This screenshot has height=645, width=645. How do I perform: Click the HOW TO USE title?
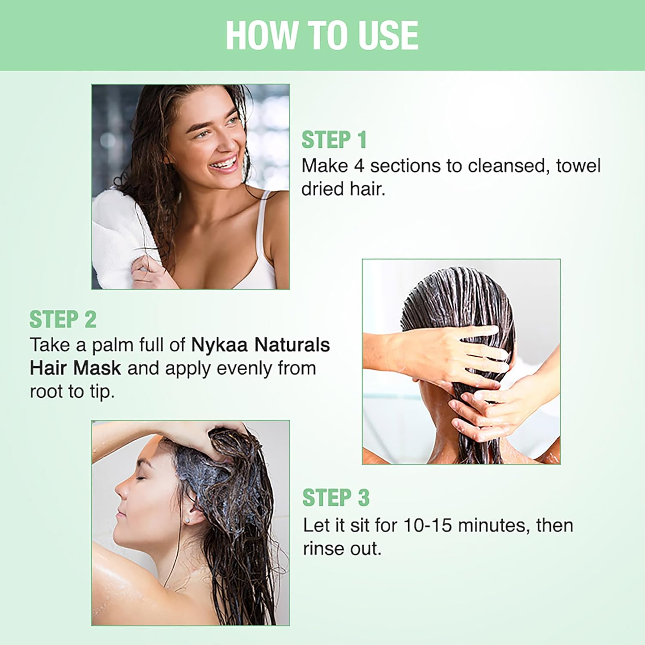[x=322, y=35]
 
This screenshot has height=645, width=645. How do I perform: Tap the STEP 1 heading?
[x=334, y=140]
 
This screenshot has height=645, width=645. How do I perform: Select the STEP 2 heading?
[x=63, y=319]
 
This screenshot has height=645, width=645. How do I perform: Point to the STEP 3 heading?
[x=336, y=498]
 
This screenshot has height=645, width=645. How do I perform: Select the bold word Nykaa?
[x=219, y=345]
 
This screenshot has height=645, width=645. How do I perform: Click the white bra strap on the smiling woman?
[x=261, y=224]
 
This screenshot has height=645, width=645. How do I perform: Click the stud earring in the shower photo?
[x=188, y=520]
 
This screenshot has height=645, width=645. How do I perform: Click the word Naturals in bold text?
[x=292, y=345]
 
